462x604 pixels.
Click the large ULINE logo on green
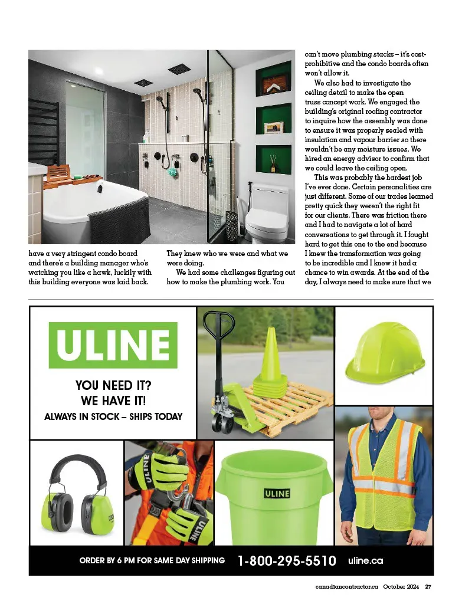click(113, 344)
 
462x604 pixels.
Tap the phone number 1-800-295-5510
click(287, 560)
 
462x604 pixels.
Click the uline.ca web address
click(366, 560)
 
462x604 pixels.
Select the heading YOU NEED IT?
click(113, 386)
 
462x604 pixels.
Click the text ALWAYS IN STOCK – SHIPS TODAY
click(113, 416)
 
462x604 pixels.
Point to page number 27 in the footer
click(429, 586)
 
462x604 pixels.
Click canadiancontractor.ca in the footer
click(346, 586)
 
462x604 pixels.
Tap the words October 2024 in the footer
click(401, 586)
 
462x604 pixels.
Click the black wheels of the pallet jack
click(224, 424)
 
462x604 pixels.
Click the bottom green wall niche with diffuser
click(273, 159)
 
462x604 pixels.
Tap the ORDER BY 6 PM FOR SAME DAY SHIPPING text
click(152, 560)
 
